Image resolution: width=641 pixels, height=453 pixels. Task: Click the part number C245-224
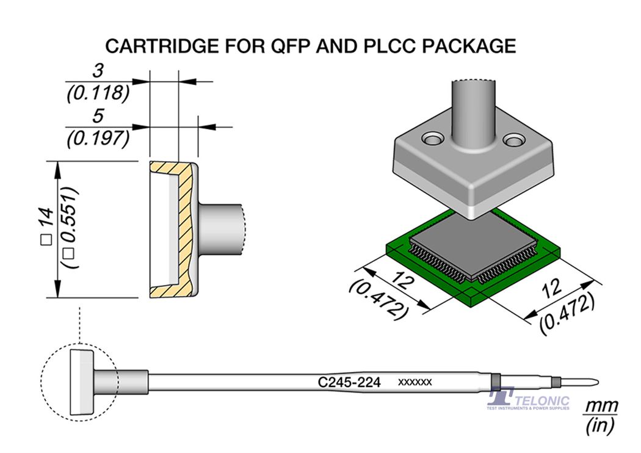point(349,383)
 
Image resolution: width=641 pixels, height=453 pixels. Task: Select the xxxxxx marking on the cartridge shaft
point(415,382)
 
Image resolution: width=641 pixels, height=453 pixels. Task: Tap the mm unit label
point(601,406)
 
